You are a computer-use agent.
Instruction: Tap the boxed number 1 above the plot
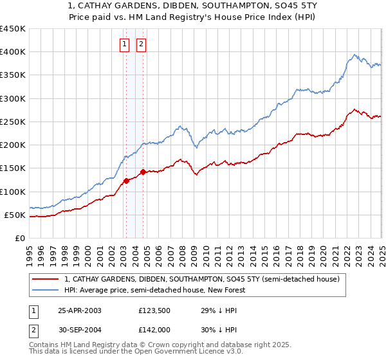pyautogui.click(x=125, y=44)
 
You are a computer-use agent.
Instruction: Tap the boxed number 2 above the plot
pyautogui.click(x=141, y=44)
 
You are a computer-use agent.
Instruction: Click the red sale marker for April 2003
pyautogui.click(x=126, y=181)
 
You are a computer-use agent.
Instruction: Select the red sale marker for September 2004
pyautogui.click(x=143, y=172)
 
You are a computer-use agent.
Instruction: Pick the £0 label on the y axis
pyautogui.click(x=20, y=238)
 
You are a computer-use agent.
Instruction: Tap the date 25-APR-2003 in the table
pyautogui.click(x=80, y=310)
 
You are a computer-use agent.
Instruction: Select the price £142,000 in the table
pyautogui.click(x=154, y=332)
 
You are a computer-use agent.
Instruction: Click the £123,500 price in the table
pyautogui.click(x=154, y=310)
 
